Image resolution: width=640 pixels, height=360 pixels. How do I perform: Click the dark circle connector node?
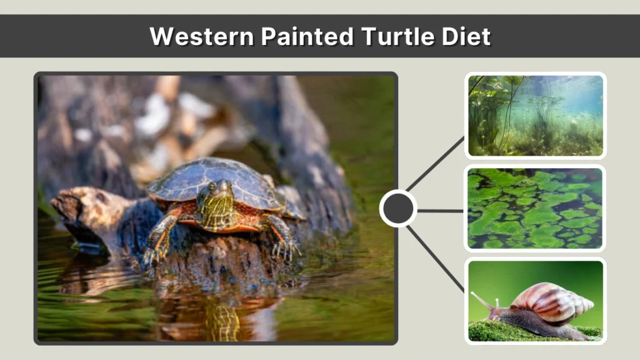coord(398,208)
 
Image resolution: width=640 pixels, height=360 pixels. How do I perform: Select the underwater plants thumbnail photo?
coord(535,115)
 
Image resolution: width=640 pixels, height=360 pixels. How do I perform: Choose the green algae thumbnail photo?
coord(535,208)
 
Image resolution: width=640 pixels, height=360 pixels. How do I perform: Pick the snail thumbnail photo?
coord(535,301)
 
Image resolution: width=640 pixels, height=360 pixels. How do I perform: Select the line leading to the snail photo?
coord(435,257)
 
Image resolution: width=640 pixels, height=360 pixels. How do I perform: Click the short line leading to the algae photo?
coord(440,210)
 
